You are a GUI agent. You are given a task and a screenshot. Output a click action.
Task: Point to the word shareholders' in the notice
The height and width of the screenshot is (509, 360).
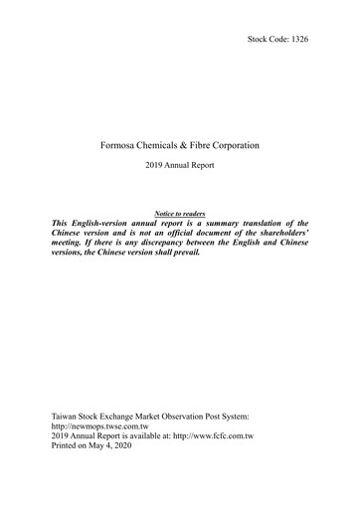click(x=281, y=238)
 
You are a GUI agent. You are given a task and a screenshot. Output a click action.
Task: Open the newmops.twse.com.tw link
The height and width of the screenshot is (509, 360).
click(x=114, y=424)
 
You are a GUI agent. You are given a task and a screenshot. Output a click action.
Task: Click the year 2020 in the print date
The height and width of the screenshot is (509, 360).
click(x=132, y=448)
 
